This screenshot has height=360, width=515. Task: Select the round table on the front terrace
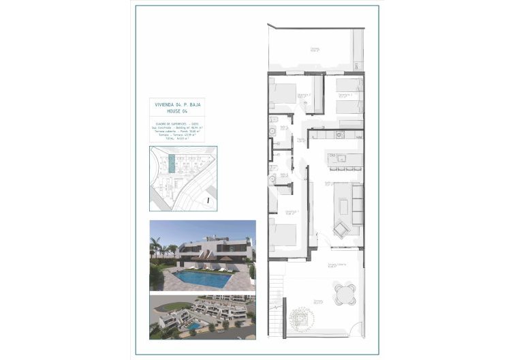(x=347, y=293)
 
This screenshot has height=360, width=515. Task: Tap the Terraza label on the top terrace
(x=315, y=49)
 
